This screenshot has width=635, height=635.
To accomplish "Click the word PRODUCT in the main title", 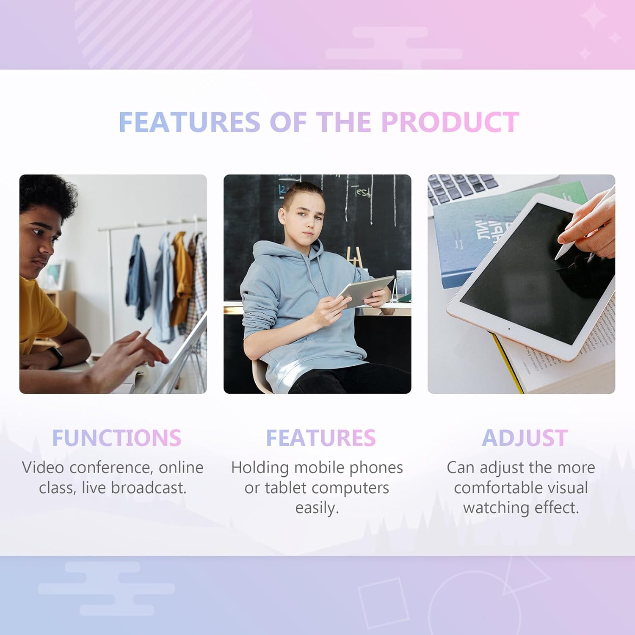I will (x=450, y=122).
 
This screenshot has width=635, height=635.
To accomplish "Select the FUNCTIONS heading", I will (x=116, y=438).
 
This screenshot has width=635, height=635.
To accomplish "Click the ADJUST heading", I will (x=525, y=438).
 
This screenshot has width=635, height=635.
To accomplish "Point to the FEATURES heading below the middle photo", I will (x=320, y=438).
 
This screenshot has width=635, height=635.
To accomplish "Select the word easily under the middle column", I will (x=317, y=508).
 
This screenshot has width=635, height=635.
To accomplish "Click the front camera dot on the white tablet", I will (x=508, y=329).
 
